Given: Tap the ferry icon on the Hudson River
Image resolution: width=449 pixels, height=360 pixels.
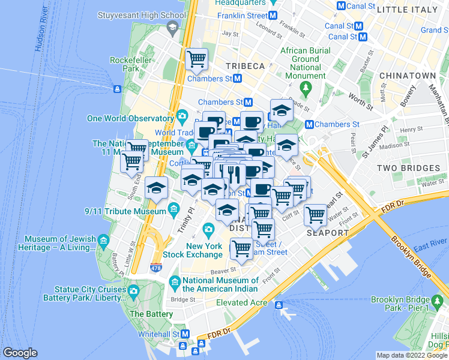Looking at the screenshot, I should (118, 89).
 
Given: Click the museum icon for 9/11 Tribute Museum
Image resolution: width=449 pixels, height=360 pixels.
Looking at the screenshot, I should (174, 209).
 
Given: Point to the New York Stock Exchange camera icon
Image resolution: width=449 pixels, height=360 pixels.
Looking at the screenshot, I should (208, 229).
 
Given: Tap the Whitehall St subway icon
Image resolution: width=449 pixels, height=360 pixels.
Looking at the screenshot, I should (185, 334).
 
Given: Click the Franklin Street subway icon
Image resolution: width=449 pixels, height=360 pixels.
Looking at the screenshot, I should (273, 15).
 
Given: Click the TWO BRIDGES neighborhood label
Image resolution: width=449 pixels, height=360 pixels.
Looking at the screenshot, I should (403, 169).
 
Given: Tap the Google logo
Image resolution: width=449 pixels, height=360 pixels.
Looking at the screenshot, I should (20, 353).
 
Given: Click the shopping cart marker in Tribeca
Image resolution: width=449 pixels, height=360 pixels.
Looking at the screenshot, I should (196, 59).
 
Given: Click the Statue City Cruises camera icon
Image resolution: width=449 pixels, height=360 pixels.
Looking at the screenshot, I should (133, 291).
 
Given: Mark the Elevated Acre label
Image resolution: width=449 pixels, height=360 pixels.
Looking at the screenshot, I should (242, 302).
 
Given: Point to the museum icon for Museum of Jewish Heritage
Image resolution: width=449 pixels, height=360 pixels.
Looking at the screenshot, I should (103, 242).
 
